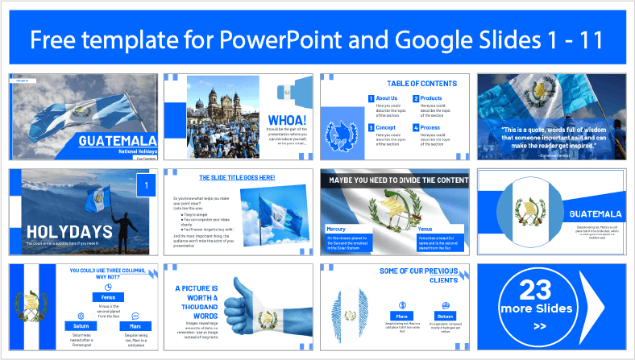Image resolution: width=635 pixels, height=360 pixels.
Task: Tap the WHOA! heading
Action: [287, 120]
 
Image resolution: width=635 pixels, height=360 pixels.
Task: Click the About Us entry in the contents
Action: [387, 98]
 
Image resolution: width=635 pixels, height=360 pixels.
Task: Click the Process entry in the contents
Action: [432, 126]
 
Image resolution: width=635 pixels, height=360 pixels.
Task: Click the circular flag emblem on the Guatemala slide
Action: [529, 213]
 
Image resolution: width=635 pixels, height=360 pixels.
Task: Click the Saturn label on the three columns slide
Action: [81, 325]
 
